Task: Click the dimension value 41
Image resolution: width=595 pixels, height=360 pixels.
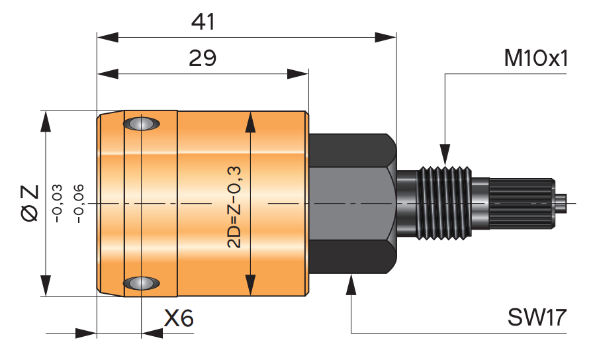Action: pos(203,22)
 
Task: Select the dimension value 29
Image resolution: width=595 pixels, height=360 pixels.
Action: pos(203,59)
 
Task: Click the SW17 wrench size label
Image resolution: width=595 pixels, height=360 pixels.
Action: pos(537,318)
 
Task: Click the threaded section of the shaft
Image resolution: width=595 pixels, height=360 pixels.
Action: pos(444,201)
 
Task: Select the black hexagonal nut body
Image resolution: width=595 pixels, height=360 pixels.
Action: pos(351,202)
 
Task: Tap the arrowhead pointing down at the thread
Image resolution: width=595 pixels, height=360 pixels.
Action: pos(445,156)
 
